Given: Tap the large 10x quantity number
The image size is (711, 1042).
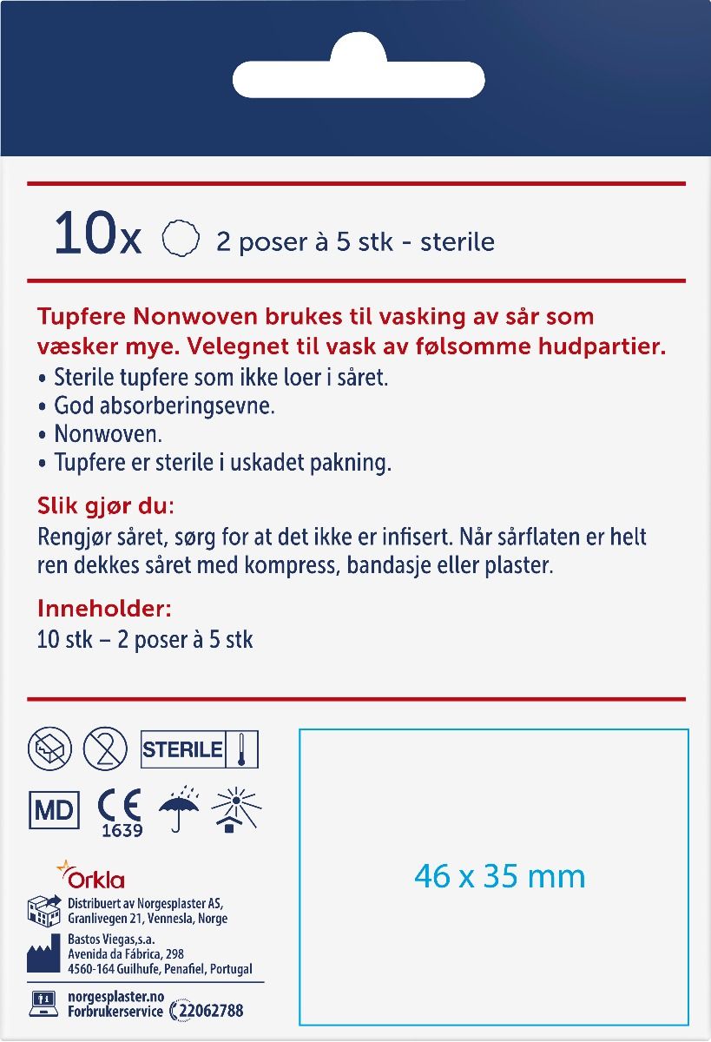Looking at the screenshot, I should point(96,235).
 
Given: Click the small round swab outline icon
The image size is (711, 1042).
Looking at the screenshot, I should point(181,237).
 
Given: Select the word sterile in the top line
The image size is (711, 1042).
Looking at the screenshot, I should point(458,241).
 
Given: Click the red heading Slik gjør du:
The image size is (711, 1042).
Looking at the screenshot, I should point(106,505).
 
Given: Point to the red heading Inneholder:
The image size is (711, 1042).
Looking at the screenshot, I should point(105,609).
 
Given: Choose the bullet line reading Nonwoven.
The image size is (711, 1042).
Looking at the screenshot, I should point(108,433).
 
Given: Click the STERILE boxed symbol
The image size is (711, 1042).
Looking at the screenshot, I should point(200,749).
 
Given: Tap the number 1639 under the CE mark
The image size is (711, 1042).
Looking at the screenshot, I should point(122,831).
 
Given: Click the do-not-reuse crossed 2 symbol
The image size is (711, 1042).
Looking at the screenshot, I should point(105,749).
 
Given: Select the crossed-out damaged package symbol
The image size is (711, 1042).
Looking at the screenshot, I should point(49,749).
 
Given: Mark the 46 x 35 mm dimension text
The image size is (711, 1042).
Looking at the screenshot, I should point(499,876).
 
